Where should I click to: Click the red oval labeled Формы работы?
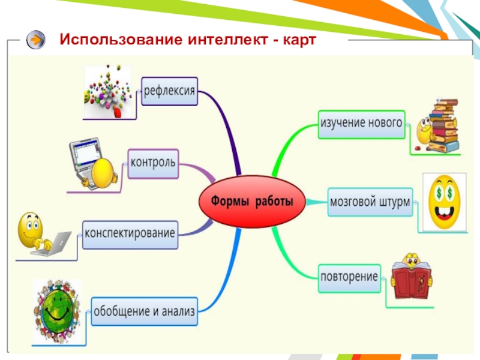click(252, 201)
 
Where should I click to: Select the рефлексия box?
click(170, 92)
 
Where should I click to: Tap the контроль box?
click(154, 163)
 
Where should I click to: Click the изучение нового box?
click(361, 124)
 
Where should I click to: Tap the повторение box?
click(349, 278)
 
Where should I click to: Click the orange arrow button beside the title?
click(37, 40)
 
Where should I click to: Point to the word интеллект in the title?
click(221, 40)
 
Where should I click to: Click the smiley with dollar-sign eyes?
click(445, 202)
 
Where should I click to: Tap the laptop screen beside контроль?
click(85, 158)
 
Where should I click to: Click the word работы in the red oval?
click(274, 202)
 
